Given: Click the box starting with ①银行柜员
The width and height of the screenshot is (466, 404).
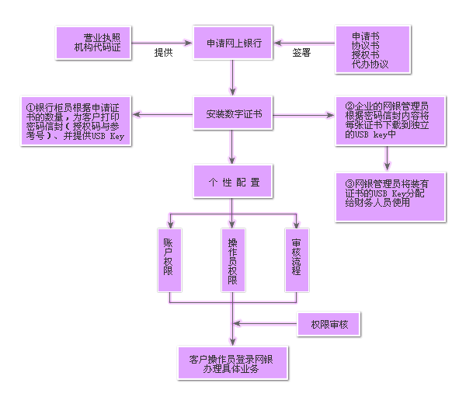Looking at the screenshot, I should coord(75,121).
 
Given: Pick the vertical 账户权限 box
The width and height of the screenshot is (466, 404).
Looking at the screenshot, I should coord(169,259).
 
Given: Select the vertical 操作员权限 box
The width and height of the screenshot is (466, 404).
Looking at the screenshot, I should coord(232,259).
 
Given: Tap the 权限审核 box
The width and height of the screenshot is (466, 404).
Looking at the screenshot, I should coord(329,323).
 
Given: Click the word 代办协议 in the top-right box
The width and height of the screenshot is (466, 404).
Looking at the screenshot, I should coord(370,64).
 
